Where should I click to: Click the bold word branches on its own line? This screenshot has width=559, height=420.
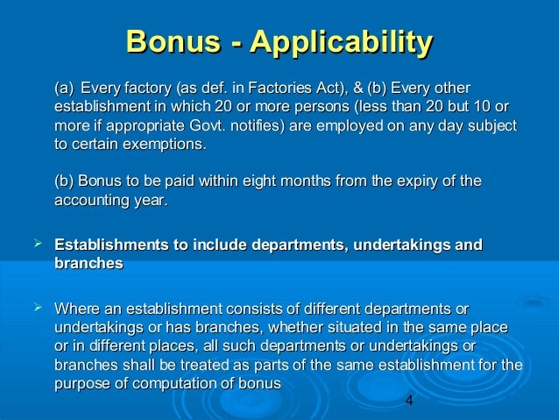[x=88, y=263]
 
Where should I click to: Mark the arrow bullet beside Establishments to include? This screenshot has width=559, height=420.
[x=38, y=243]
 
